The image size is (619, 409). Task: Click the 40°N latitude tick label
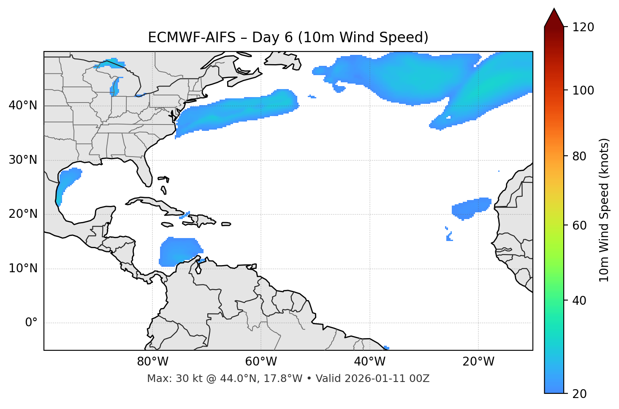coord(23,106)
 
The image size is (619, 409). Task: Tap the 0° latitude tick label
coord(31,323)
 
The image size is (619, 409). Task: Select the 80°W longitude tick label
coord(152,362)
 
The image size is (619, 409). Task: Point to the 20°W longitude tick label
coord(478,362)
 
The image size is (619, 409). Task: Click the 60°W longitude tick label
coord(261,362)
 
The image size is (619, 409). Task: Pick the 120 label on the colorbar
coord(583,27)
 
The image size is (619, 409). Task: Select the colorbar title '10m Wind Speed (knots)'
coord(604,210)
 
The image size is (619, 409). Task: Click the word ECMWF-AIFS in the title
coord(192,38)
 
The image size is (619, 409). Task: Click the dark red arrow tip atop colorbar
coord(554,17)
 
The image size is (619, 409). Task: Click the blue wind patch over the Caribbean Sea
coord(177,252)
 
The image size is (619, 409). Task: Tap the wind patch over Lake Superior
coord(111,64)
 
